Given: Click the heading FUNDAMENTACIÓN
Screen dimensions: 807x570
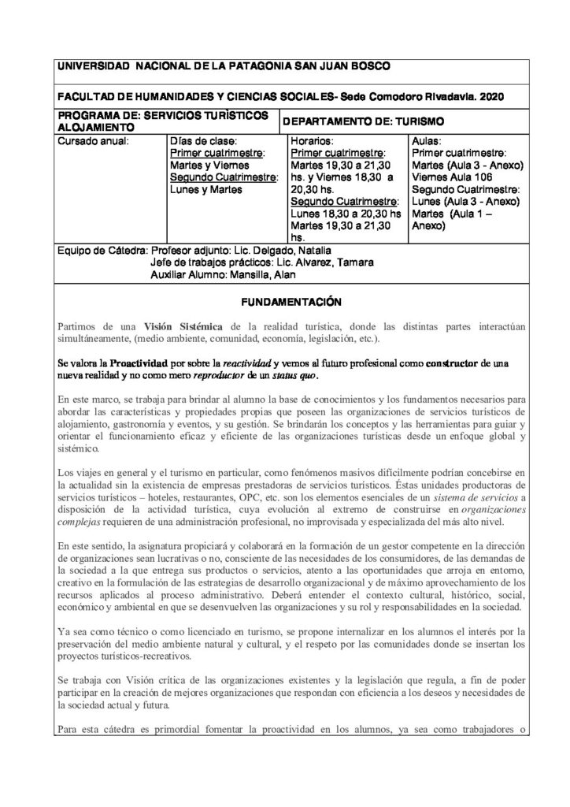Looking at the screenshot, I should (283, 300).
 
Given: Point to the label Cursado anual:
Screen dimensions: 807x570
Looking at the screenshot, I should (93, 142).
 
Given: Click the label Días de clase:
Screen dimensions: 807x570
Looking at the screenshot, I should (200, 142).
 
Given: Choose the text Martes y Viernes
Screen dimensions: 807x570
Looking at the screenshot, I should (209, 165).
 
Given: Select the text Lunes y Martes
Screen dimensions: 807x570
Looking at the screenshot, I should (206, 189).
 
